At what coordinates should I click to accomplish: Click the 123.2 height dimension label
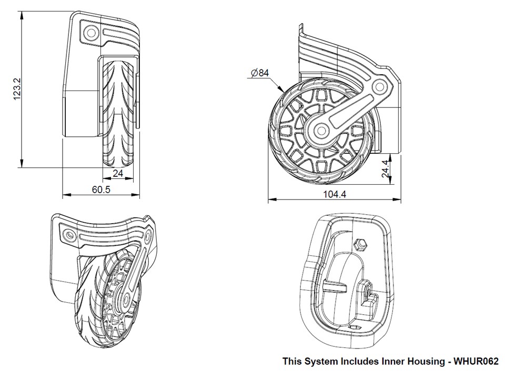coord(17,89)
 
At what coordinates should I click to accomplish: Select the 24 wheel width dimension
coord(118,173)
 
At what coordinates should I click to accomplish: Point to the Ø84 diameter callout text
coord(260,73)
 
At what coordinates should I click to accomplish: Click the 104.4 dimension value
coord(335,194)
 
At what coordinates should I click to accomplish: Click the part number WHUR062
coord(476,362)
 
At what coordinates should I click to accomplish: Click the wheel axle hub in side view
coord(319,130)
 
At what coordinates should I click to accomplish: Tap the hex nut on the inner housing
coord(361,243)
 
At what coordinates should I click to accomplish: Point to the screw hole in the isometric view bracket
coord(69,233)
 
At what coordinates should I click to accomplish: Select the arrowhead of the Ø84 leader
coord(281,90)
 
